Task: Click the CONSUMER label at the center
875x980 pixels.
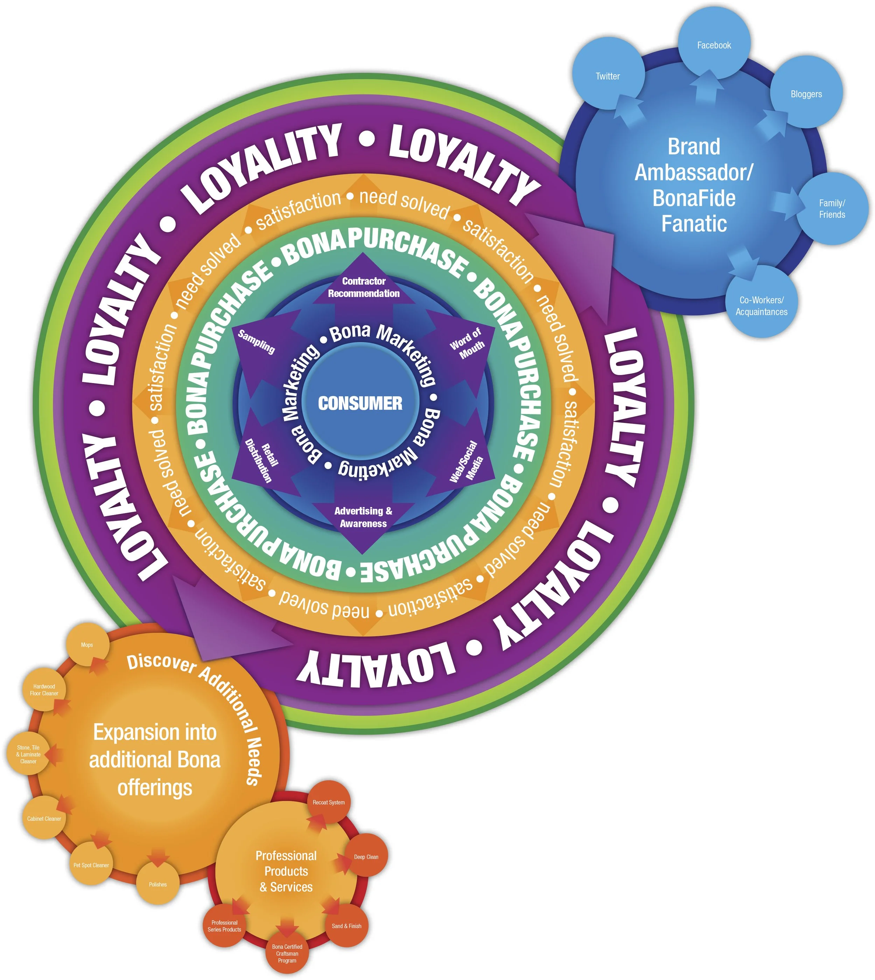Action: click(360, 403)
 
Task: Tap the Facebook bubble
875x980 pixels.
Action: click(714, 45)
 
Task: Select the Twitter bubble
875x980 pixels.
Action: click(608, 76)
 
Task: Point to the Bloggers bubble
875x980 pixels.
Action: click(806, 94)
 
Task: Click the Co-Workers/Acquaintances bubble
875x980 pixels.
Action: click(762, 306)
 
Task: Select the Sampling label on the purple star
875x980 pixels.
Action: click(256, 341)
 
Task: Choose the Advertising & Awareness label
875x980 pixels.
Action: click(363, 517)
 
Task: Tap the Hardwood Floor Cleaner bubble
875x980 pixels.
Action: click(44, 689)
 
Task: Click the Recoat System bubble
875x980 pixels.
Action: click(329, 802)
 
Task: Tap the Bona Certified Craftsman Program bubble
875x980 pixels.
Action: click(287, 953)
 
